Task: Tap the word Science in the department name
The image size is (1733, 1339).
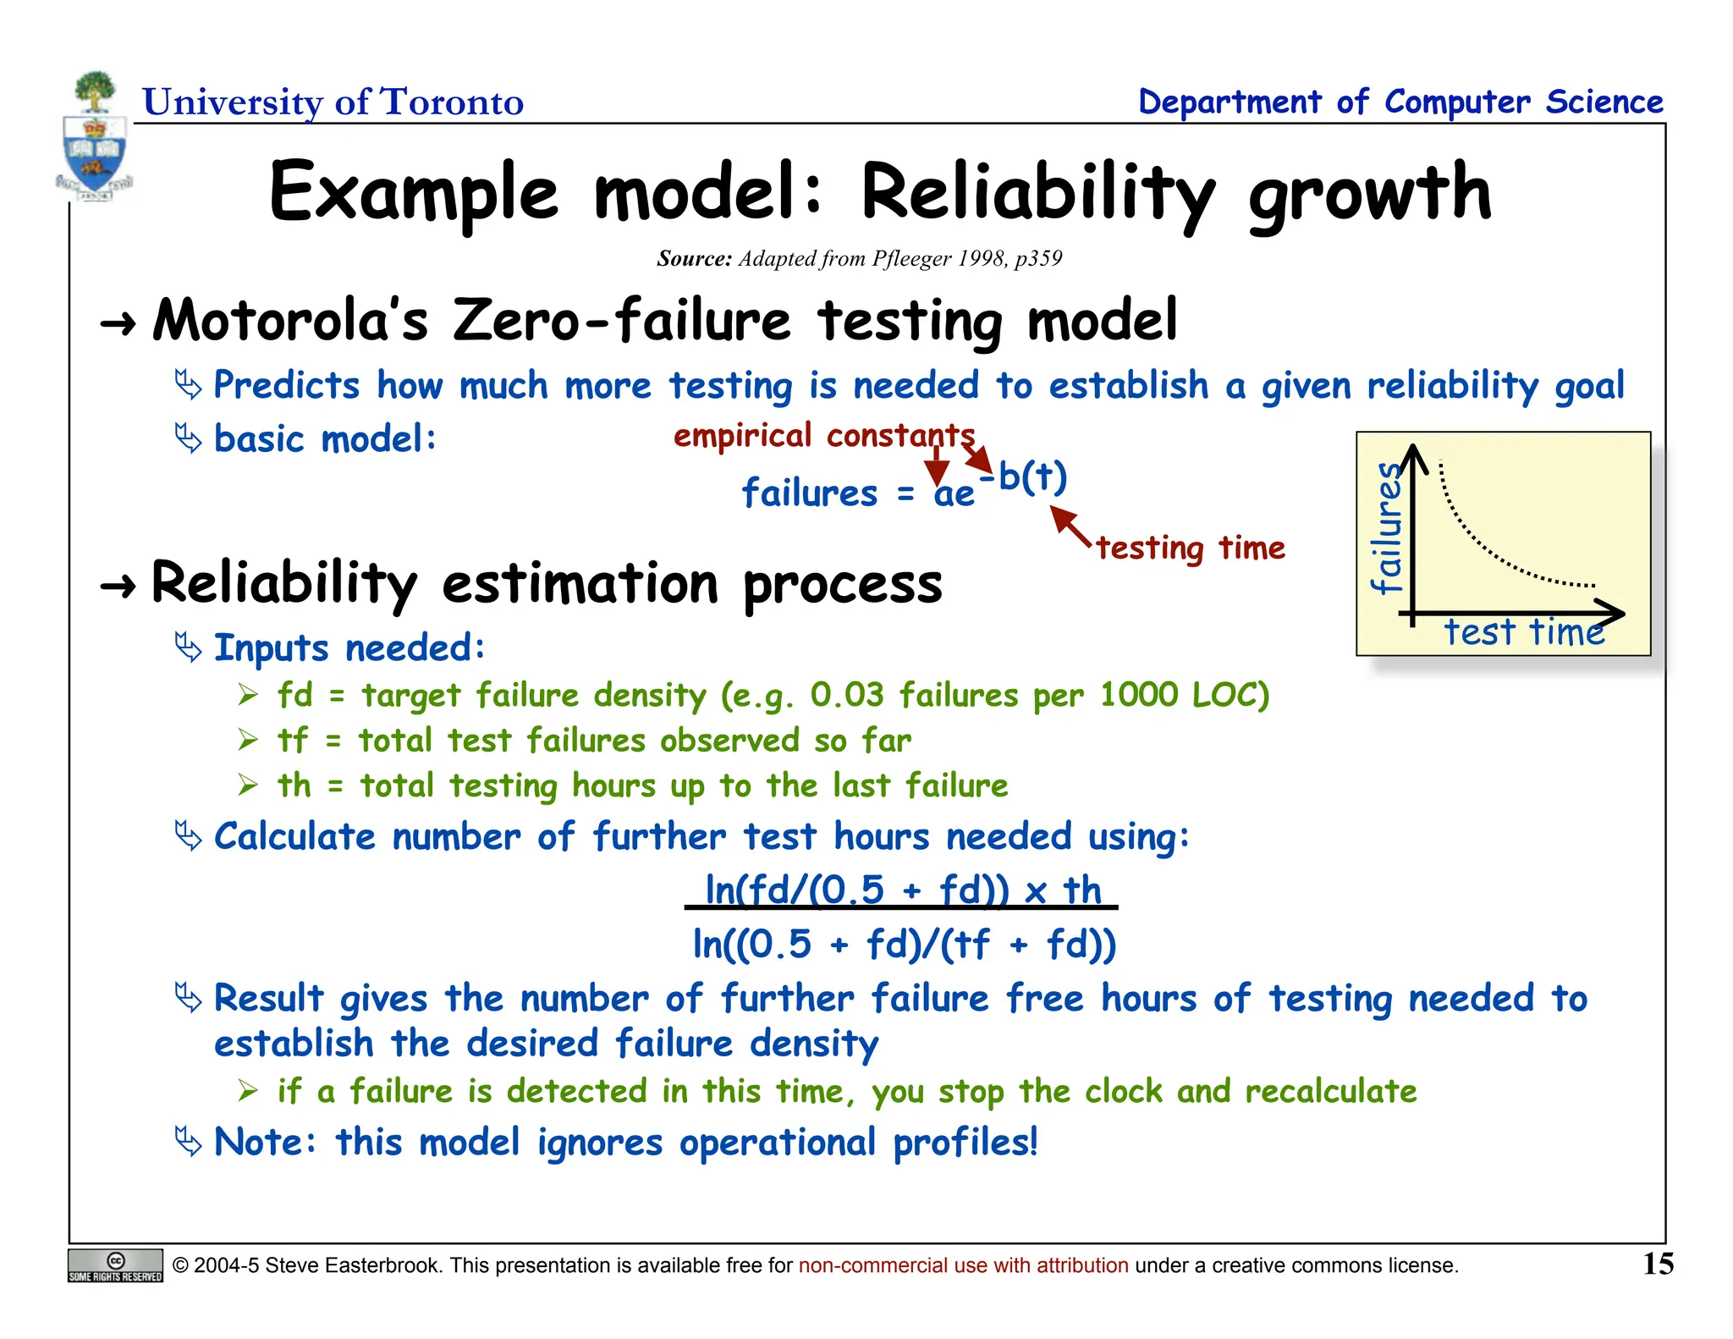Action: coord(1604,102)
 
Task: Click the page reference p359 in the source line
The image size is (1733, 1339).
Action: coord(1037,258)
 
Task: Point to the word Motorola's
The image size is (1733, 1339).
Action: coord(290,322)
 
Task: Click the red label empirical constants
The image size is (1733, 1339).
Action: coord(823,436)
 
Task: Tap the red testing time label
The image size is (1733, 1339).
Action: coord(1190,548)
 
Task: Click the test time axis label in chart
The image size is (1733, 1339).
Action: coord(1523,632)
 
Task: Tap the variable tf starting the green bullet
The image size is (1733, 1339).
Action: coord(293,741)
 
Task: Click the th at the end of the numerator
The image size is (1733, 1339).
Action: coord(1081,890)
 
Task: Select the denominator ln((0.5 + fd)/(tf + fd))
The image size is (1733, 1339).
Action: coord(904,945)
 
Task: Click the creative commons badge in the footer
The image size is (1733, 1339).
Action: coord(115,1265)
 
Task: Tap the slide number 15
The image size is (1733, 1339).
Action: coord(1658,1265)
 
